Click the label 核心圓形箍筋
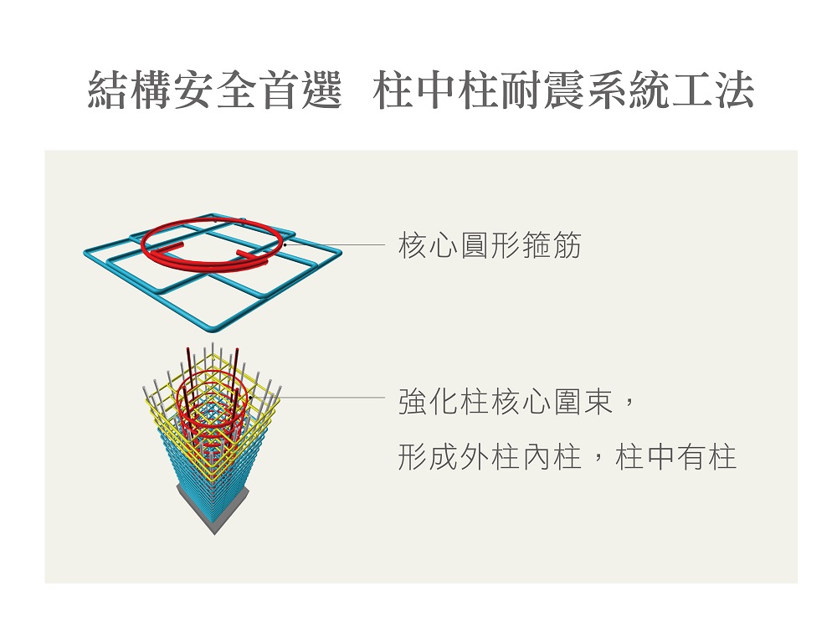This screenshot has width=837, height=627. click(x=490, y=245)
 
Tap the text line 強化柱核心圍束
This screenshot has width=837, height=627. click(x=505, y=402)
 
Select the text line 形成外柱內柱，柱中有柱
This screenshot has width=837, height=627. click(x=567, y=457)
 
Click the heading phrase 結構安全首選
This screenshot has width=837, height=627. click(x=214, y=90)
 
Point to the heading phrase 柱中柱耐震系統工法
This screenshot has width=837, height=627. click(x=563, y=90)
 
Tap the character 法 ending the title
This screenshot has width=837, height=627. click(x=733, y=90)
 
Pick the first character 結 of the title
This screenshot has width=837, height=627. click(x=108, y=90)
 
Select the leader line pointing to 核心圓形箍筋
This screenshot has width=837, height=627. click(x=336, y=245)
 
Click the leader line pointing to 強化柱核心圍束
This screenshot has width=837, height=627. click(x=332, y=398)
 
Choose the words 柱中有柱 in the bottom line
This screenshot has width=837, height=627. click(x=675, y=457)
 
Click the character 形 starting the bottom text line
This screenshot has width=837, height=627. click(x=413, y=457)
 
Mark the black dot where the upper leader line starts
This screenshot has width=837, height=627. click(x=285, y=245)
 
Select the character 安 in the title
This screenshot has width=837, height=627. click(x=193, y=90)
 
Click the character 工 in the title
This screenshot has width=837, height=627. click(x=691, y=90)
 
